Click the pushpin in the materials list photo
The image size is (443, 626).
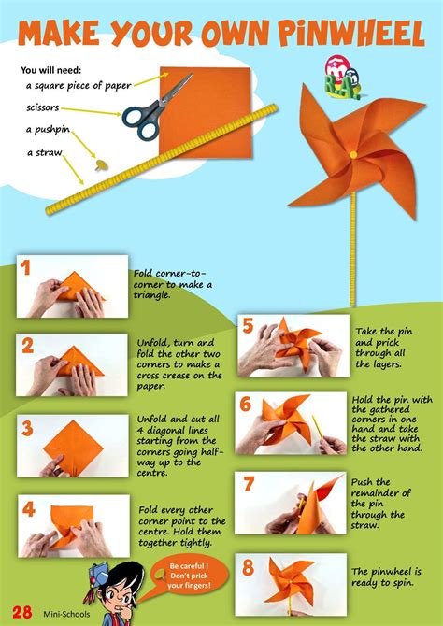click(100, 164)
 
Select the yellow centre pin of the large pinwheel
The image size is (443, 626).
click(353, 154)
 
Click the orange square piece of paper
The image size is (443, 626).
click(205, 112)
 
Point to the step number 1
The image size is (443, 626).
click(25, 268)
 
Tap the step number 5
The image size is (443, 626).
click(248, 327)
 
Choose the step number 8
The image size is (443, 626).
click(248, 567)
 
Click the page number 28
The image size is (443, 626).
click(22, 612)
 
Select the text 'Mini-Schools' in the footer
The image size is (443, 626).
click(66, 614)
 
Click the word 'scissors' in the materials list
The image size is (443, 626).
click(43, 107)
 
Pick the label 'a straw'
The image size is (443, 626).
click(44, 152)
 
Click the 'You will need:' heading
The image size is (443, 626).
click(51, 71)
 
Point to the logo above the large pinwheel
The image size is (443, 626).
click(342, 77)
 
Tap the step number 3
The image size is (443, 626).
click(27, 428)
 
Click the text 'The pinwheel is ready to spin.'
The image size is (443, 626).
click(386, 577)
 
